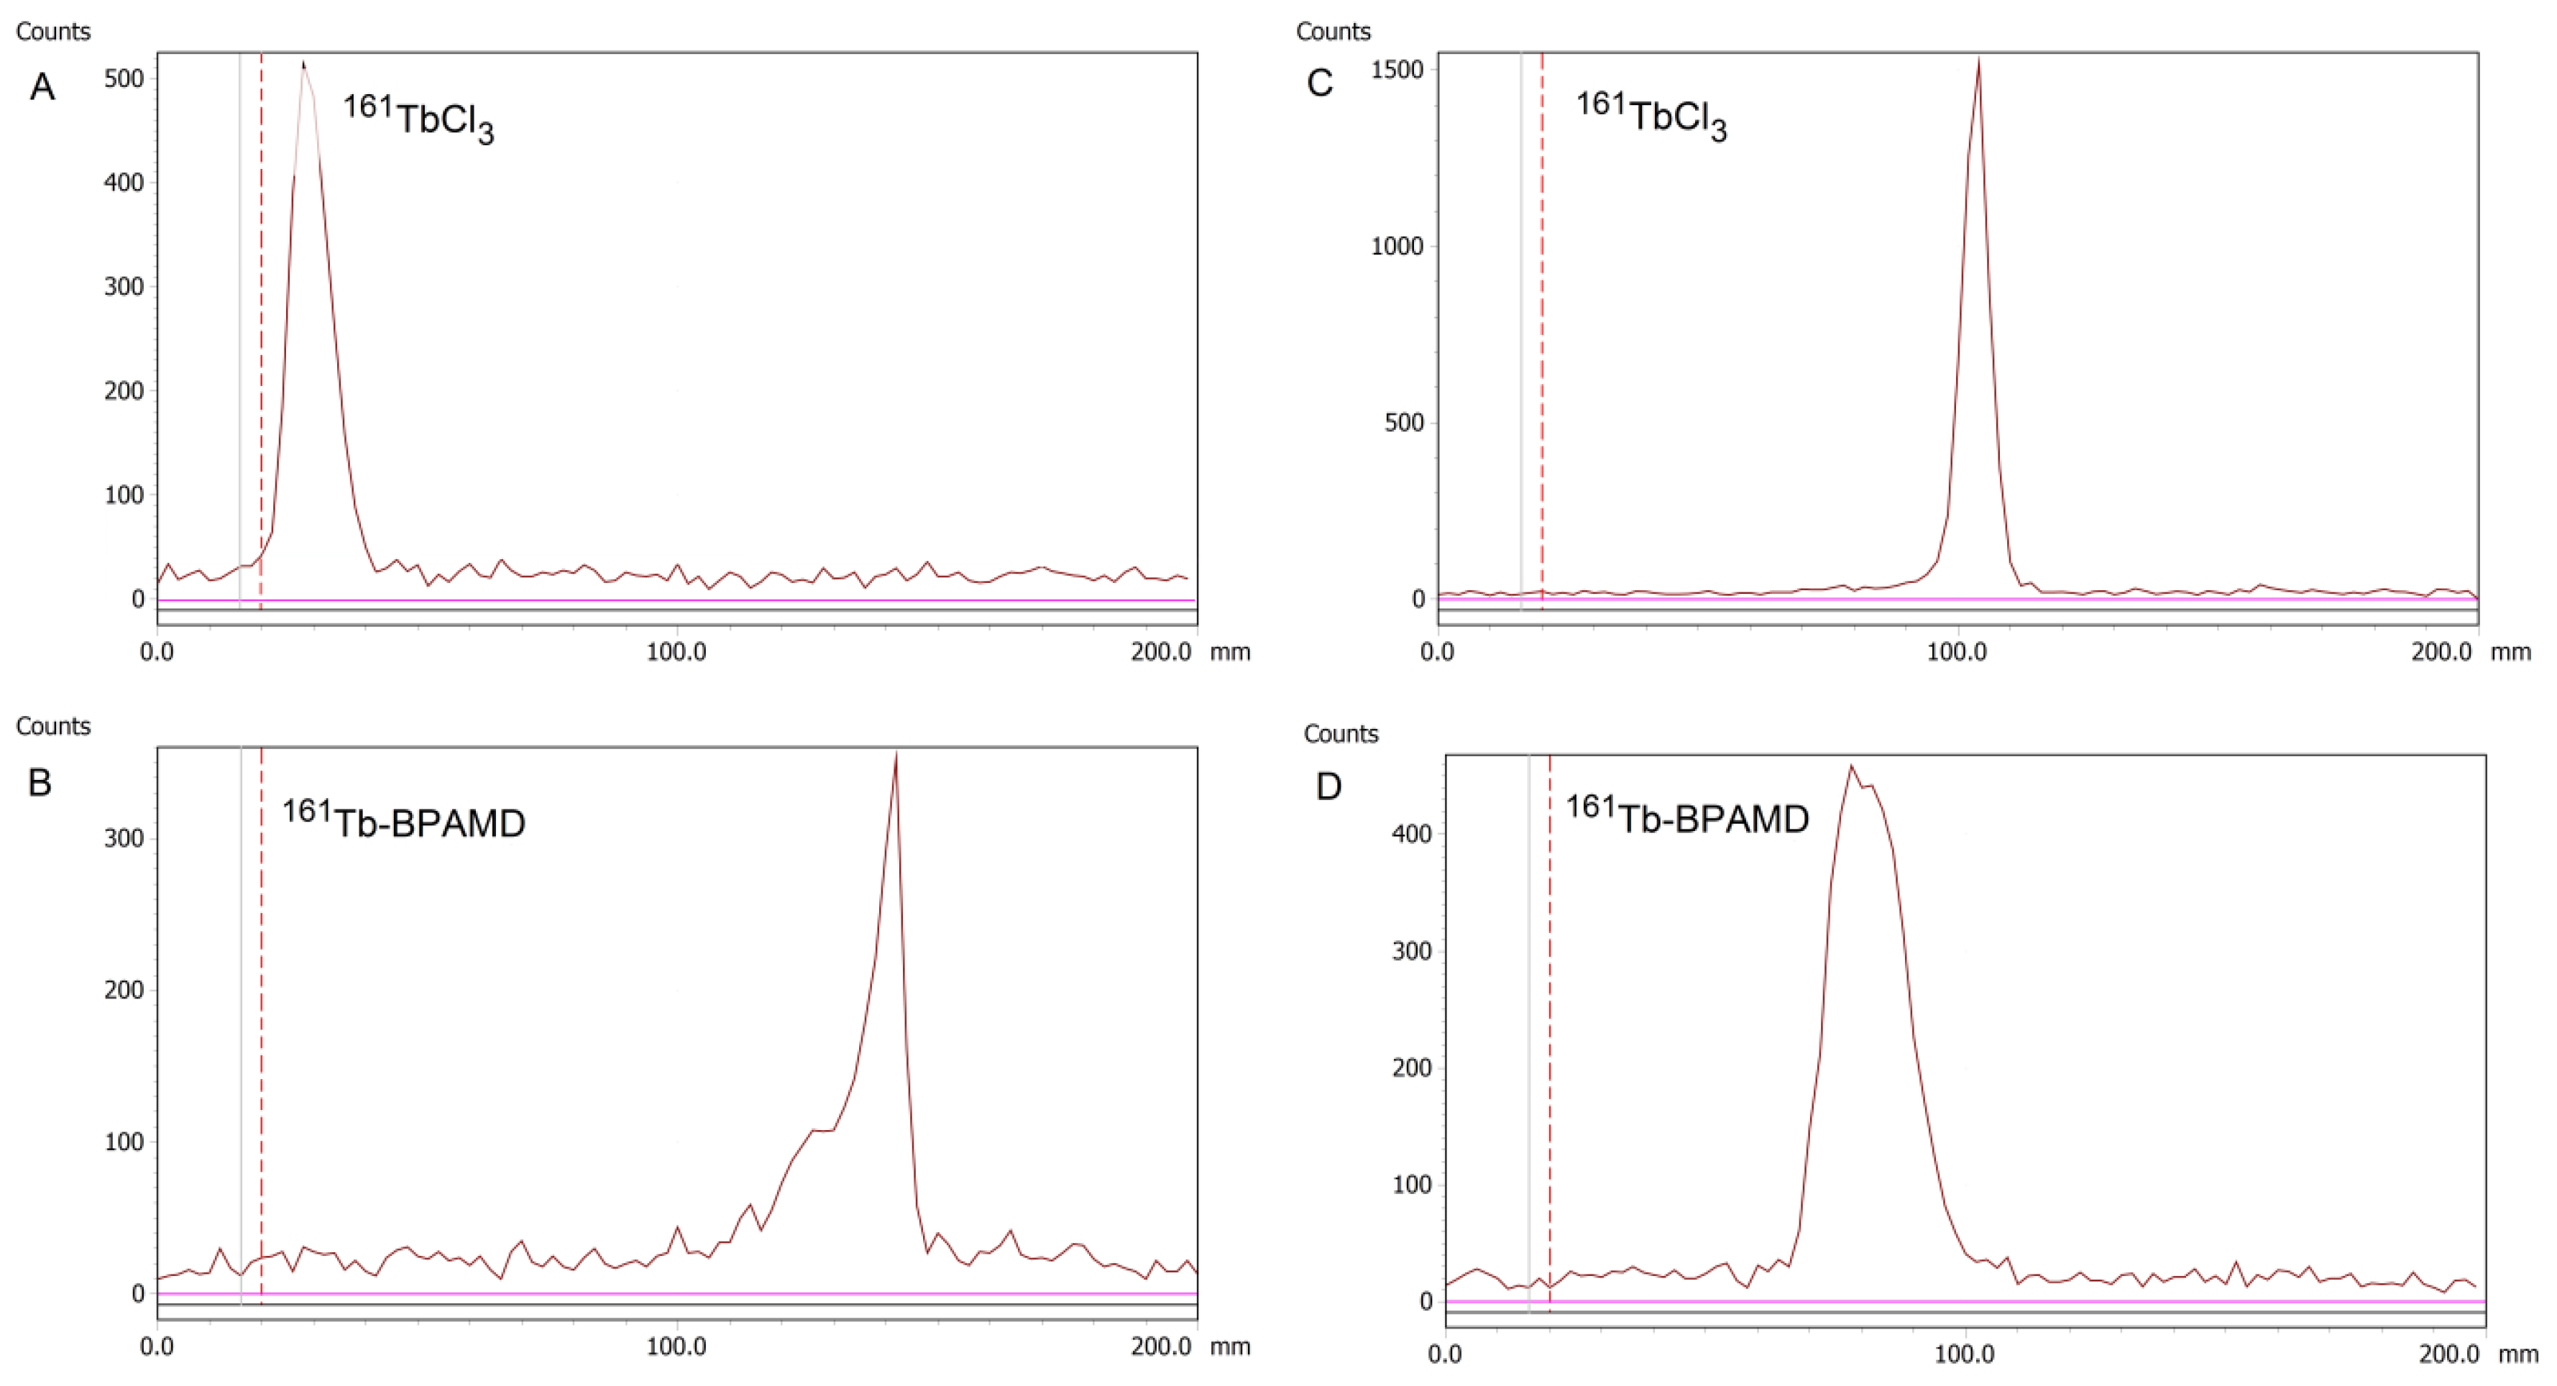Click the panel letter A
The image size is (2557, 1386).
click(x=42, y=88)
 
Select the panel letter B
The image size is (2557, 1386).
click(x=40, y=782)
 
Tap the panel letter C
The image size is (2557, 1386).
click(x=1319, y=83)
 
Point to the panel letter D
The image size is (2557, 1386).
click(x=1328, y=786)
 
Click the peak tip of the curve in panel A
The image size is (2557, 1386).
click(x=304, y=63)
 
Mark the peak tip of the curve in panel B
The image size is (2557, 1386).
click(x=896, y=755)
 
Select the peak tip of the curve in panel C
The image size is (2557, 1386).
click(x=1979, y=60)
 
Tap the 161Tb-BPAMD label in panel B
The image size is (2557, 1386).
click(x=403, y=820)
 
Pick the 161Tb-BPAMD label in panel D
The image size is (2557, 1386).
click(x=1687, y=816)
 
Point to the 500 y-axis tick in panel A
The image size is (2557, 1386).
click(x=124, y=78)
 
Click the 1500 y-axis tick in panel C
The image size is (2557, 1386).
click(x=1397, y=70)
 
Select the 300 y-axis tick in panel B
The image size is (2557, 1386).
click(x=124, y=838)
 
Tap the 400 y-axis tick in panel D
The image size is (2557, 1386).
click(x=1412, y=834)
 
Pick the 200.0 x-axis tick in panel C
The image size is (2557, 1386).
click(x=2442, y=652)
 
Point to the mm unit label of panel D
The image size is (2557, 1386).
click(x=2517, y=1354)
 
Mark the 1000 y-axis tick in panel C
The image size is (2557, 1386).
click(x=1397, y=247)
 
